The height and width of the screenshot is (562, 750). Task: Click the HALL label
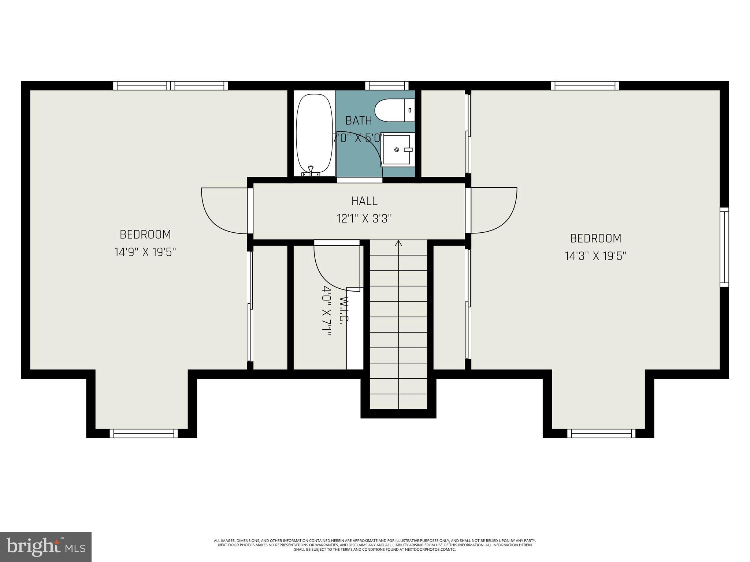coord(364,201)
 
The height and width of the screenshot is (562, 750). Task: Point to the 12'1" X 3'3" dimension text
coord(364,219)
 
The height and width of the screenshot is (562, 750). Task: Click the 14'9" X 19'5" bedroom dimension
coord(145,252)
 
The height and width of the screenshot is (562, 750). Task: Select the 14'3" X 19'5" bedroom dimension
coord(595,256)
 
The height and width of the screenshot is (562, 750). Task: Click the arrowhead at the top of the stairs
coord(398,243)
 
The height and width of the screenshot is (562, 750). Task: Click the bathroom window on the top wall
coord(387,86)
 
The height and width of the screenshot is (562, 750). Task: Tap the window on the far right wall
coord(724,247)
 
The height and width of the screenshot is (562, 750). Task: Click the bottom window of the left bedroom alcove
coord(144,434)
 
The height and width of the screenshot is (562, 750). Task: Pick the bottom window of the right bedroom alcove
coord(601,434)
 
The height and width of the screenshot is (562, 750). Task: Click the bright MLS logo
coord(46,547)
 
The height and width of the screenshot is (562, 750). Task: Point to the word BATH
coord(359,120)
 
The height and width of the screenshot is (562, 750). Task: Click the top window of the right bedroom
coord(585,86)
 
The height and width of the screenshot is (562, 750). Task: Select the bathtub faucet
coord(311,171)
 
